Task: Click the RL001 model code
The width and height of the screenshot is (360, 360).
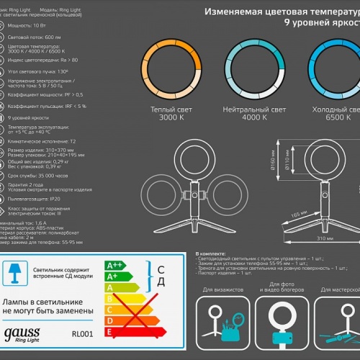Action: [x=83, y=333]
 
